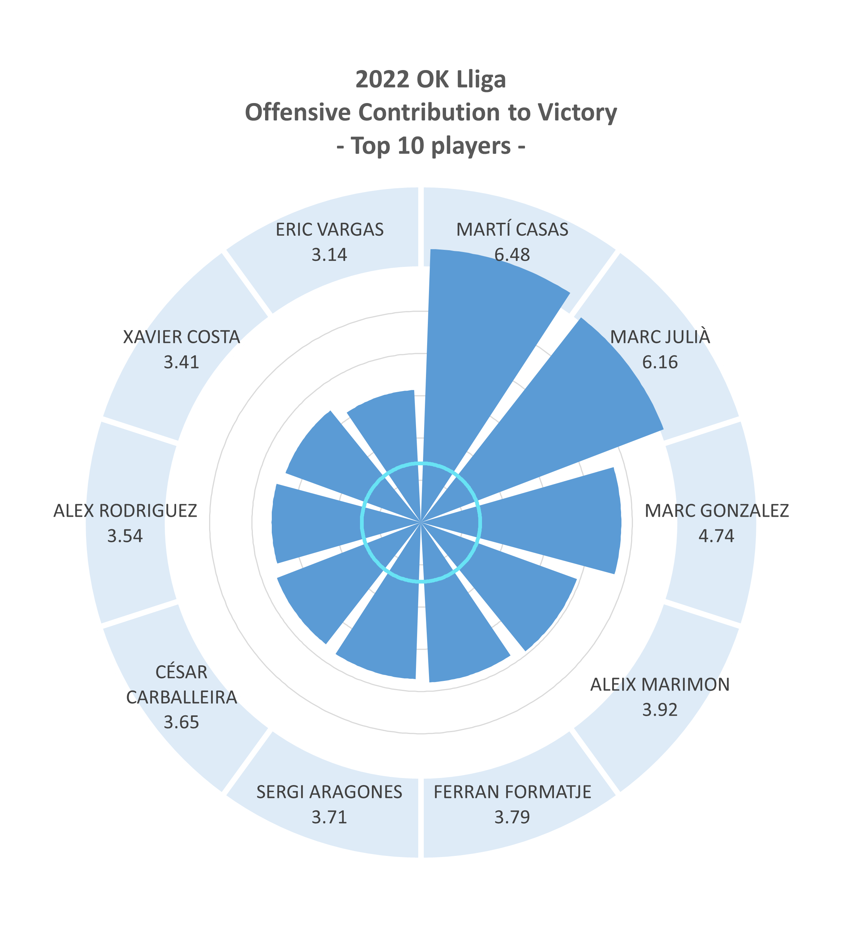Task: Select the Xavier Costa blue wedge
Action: [x=332, y=457]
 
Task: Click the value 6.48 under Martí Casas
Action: [x=512, y=255]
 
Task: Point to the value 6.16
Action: [x=660, y=362]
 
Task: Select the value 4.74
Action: [x=716, y=536]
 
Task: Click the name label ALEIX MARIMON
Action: [x=660, y=685]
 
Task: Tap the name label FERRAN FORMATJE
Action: [x=512, y=792]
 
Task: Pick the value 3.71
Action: [x=329, y=817]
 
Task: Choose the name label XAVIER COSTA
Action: [x=181, y=337]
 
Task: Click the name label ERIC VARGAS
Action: [x=329, y=230]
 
